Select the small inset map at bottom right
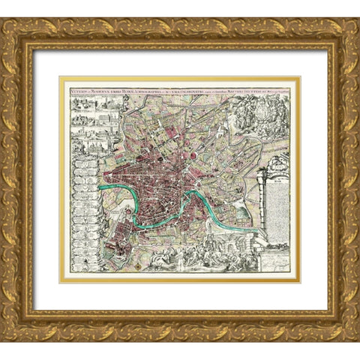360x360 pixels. [273, 255]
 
